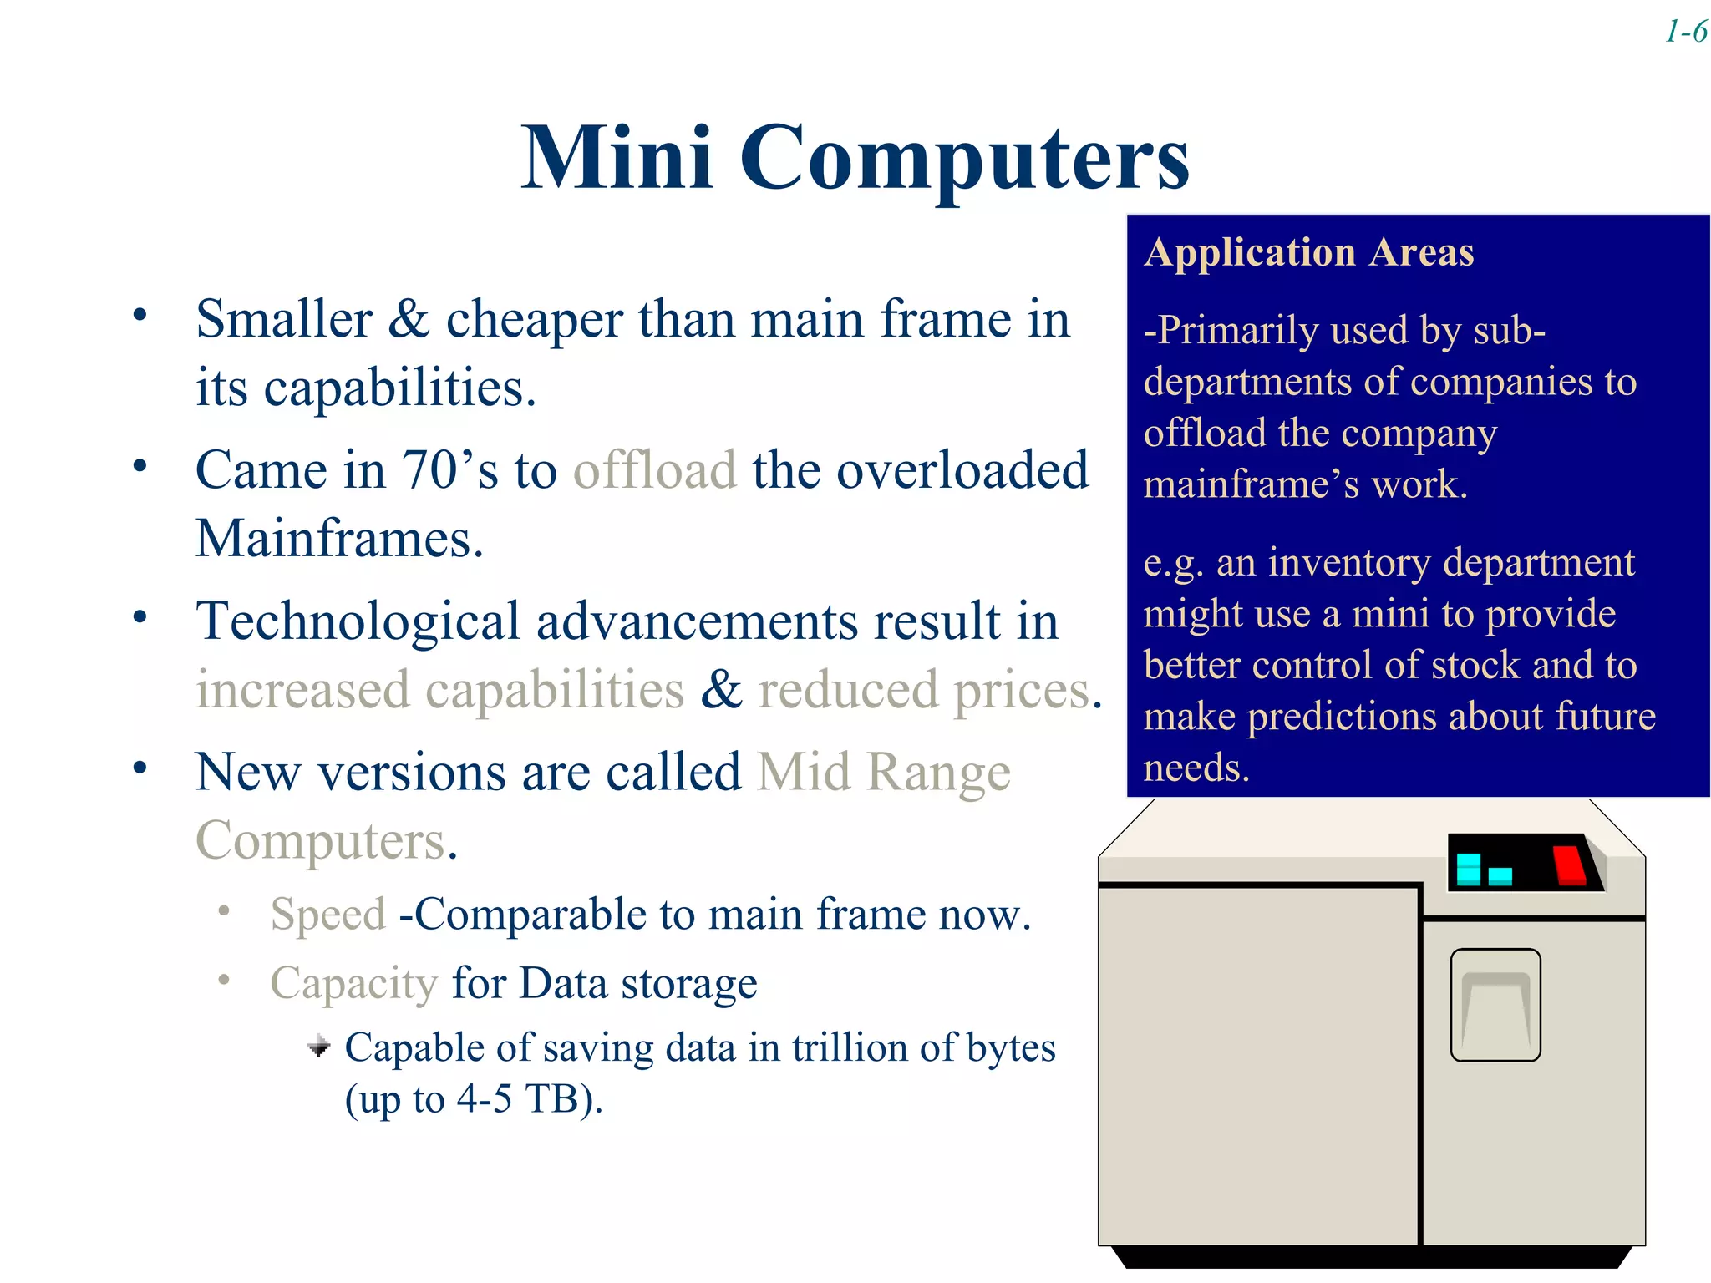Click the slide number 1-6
(x=1685, y=33)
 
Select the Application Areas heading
(x=1308, y=252)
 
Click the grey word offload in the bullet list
(x=654, y=470)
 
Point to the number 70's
(x=449, y=470)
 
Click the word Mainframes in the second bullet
(x=339, y=539)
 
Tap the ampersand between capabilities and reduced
(x=721, y=690)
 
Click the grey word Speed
(x=327, y=915)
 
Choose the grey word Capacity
(x=353, y=983)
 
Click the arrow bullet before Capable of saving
(x=318, y=1046)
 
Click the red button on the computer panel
(x=1568, y=865)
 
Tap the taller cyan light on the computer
(x=1468, y=869)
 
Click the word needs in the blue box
(x=1195, y=768)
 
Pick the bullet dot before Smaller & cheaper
(x=140, y=315)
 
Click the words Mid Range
(x=883, y=772)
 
